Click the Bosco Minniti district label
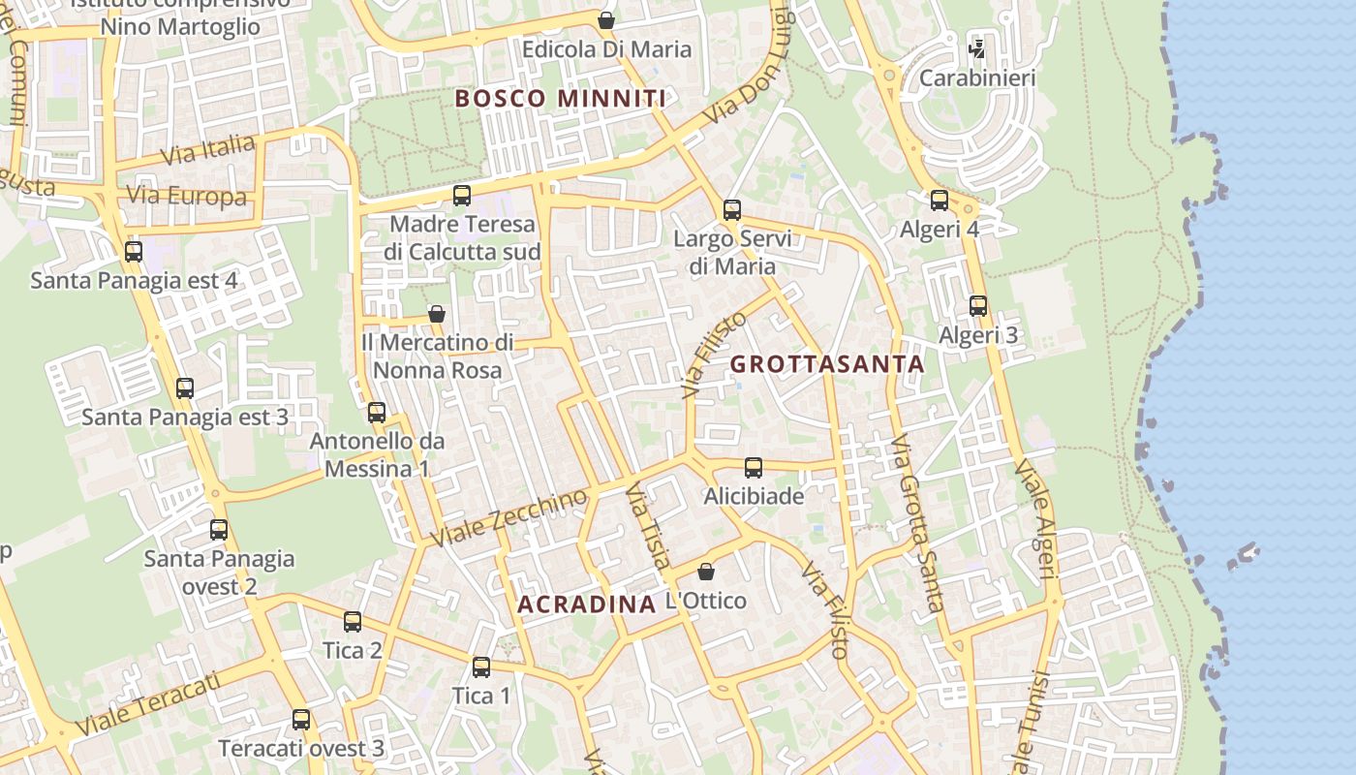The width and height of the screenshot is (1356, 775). (x=560, y=99)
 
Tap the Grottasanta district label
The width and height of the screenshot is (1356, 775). (x=827, y=365)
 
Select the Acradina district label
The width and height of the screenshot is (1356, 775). (x=587, y=604)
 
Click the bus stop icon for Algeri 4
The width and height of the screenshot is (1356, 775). (x=940, y=201)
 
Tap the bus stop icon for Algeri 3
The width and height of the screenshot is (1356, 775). (x=978, y=306)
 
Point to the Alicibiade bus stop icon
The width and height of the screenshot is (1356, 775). (x=754, y=468)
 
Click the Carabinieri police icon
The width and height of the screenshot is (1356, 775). (x=977, y=48)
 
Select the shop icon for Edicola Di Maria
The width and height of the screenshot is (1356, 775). (x=606, y=20)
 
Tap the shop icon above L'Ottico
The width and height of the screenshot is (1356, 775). (x=706, y=572)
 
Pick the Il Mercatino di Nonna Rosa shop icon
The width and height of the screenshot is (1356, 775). (x=437, y=314)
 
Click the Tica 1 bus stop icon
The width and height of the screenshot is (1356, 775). (x=481, y=666)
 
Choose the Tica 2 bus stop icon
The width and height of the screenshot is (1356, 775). (x=353, y=622)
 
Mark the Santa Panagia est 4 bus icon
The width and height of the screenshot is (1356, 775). (x=134, y=252)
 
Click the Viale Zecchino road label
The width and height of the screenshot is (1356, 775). (x=509, y=517)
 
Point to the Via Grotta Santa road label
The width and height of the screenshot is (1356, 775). (x=917, y=523)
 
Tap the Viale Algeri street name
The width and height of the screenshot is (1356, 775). (x=1034, y=518)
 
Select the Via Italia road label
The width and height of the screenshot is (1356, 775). (x=207, y=150)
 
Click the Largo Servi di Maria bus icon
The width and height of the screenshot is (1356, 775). (x=732, y=209)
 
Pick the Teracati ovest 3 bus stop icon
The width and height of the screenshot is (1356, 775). (x=301, y=720)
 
